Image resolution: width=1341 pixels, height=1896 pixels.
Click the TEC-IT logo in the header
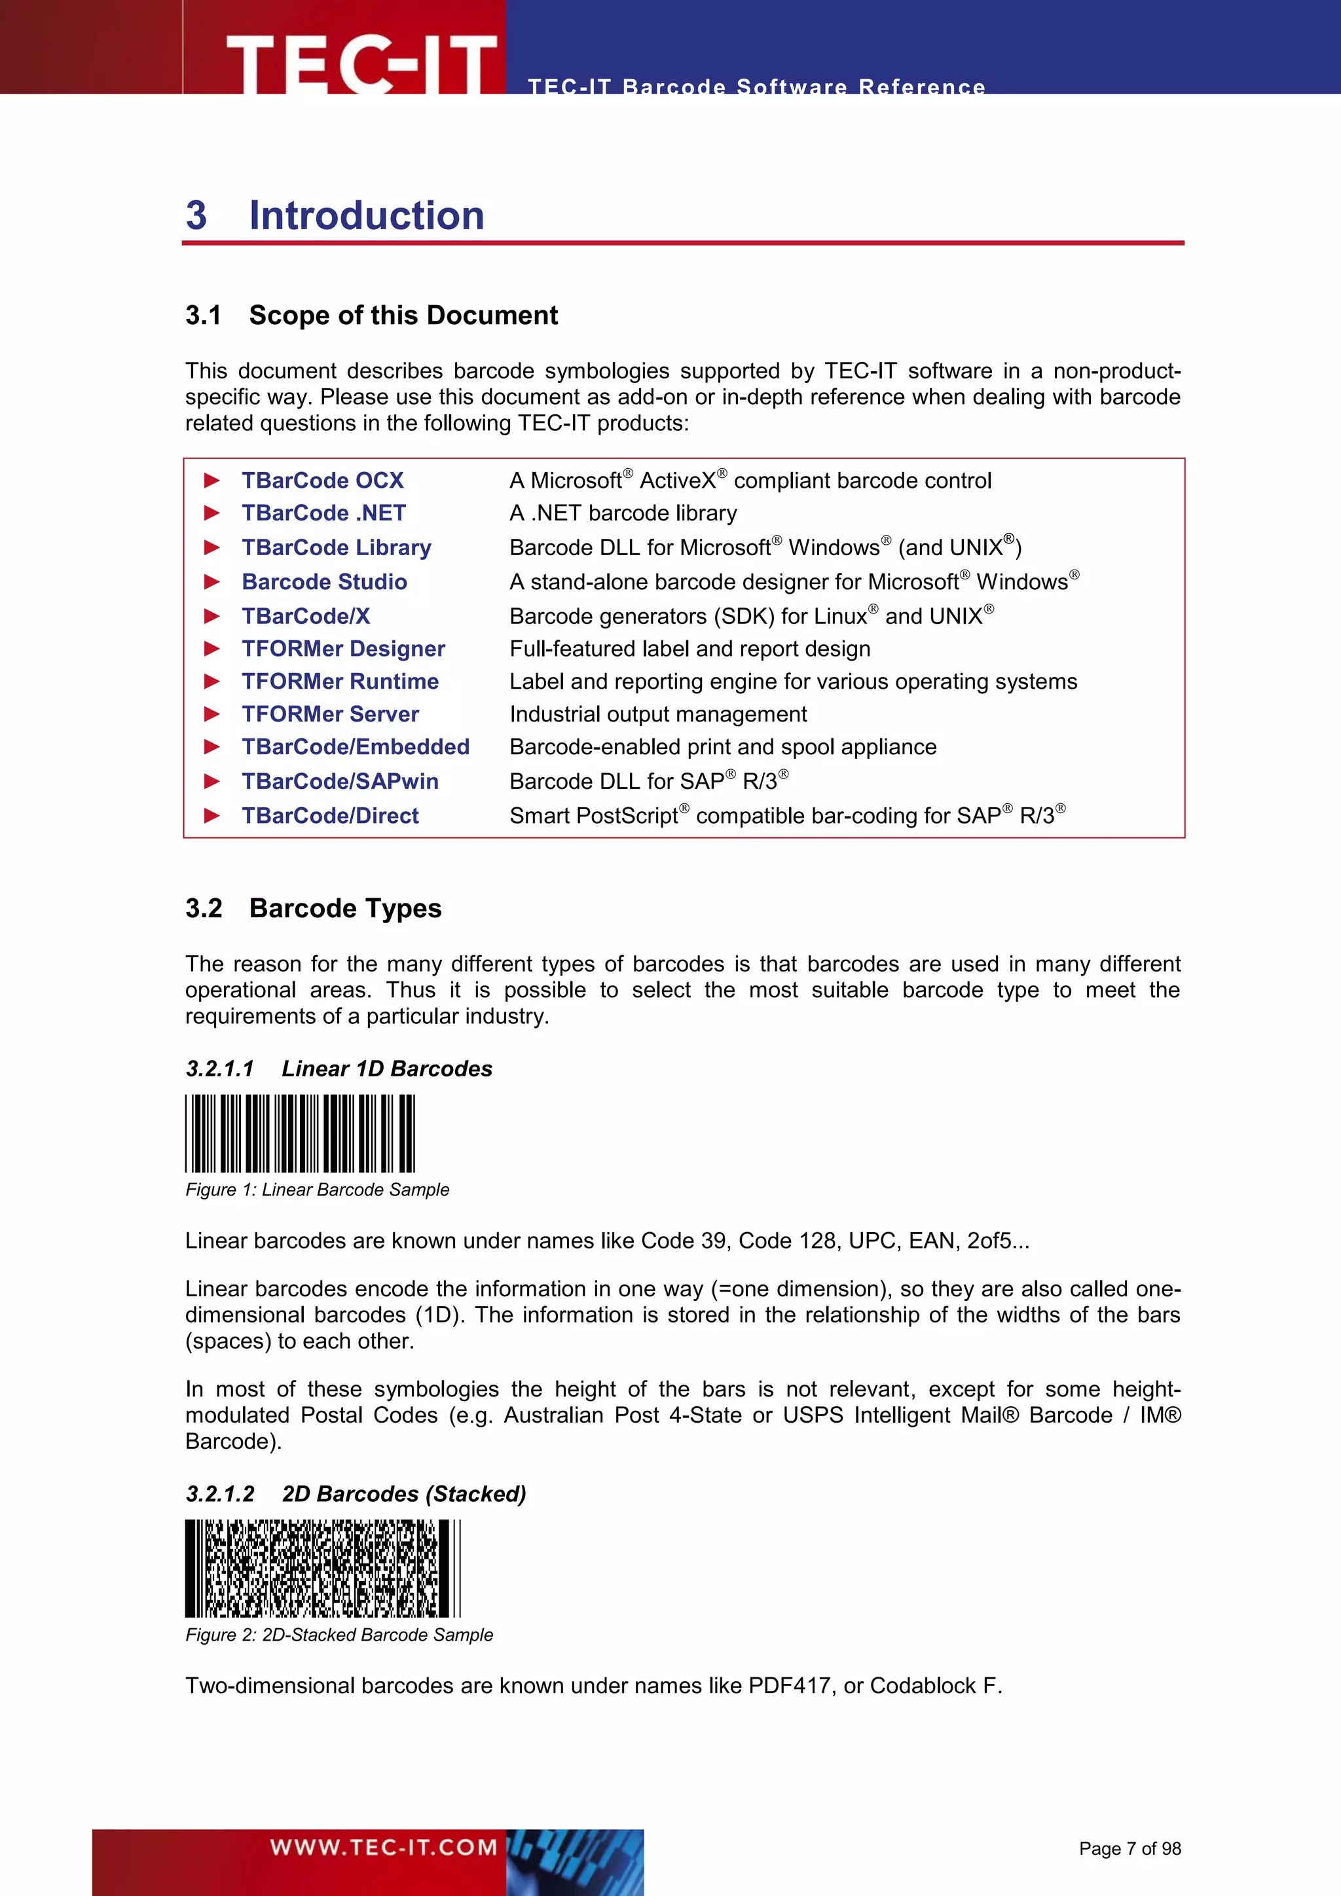(361, 63)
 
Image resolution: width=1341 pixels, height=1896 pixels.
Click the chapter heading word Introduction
(367, 215)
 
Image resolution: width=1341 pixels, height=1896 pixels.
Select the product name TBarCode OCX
(322, 481)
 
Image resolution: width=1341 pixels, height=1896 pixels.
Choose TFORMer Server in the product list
(329, 714)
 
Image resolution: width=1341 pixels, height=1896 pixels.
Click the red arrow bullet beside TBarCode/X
(212, 617)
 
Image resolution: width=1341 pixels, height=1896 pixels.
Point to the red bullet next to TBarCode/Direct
(212, 816)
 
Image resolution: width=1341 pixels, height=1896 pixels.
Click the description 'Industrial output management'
(657, 714)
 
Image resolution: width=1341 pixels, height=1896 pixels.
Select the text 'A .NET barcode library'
(623, 514)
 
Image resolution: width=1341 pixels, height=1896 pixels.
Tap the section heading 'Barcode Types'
(345, 908)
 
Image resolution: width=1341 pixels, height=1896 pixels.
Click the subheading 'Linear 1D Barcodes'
(386, 1068)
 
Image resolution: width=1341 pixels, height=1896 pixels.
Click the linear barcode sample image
(300, 1133)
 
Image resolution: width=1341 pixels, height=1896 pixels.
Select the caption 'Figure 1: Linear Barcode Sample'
(317, 1190)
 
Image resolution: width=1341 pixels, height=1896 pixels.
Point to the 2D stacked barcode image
(322, 1568)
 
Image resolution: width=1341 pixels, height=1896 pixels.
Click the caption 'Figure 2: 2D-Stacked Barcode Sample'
(339, 1635)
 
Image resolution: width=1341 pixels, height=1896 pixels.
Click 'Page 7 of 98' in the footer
(1129, 1849)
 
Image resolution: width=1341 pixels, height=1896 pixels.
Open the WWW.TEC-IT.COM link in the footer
(383, 1848)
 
